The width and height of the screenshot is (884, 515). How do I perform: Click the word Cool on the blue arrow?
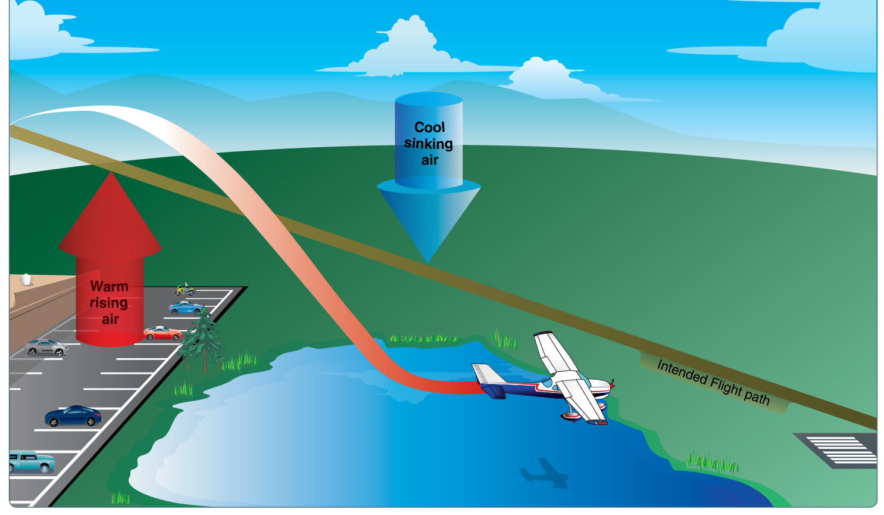[429, 128]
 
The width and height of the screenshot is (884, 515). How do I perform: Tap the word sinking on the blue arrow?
[428, 144]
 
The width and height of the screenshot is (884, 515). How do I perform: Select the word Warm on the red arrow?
[110, 286]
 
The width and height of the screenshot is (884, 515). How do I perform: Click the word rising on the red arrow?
[108, 303]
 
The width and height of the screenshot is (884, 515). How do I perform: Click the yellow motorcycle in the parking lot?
[185, 290]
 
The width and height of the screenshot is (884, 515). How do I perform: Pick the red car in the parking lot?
[163, 333]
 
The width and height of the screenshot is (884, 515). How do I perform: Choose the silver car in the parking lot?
[46, 348]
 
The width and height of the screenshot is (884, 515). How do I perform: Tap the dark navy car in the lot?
[73, 416]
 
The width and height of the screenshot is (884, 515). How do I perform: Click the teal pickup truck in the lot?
[32, 461]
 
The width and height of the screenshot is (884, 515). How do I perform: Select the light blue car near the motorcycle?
[186, 308]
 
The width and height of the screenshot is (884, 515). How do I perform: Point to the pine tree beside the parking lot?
[202, 338]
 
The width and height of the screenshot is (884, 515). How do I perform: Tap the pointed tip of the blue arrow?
[427, 262]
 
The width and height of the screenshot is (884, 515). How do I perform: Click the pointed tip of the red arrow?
[111, 172]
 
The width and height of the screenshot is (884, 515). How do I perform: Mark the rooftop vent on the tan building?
[26, 279]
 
